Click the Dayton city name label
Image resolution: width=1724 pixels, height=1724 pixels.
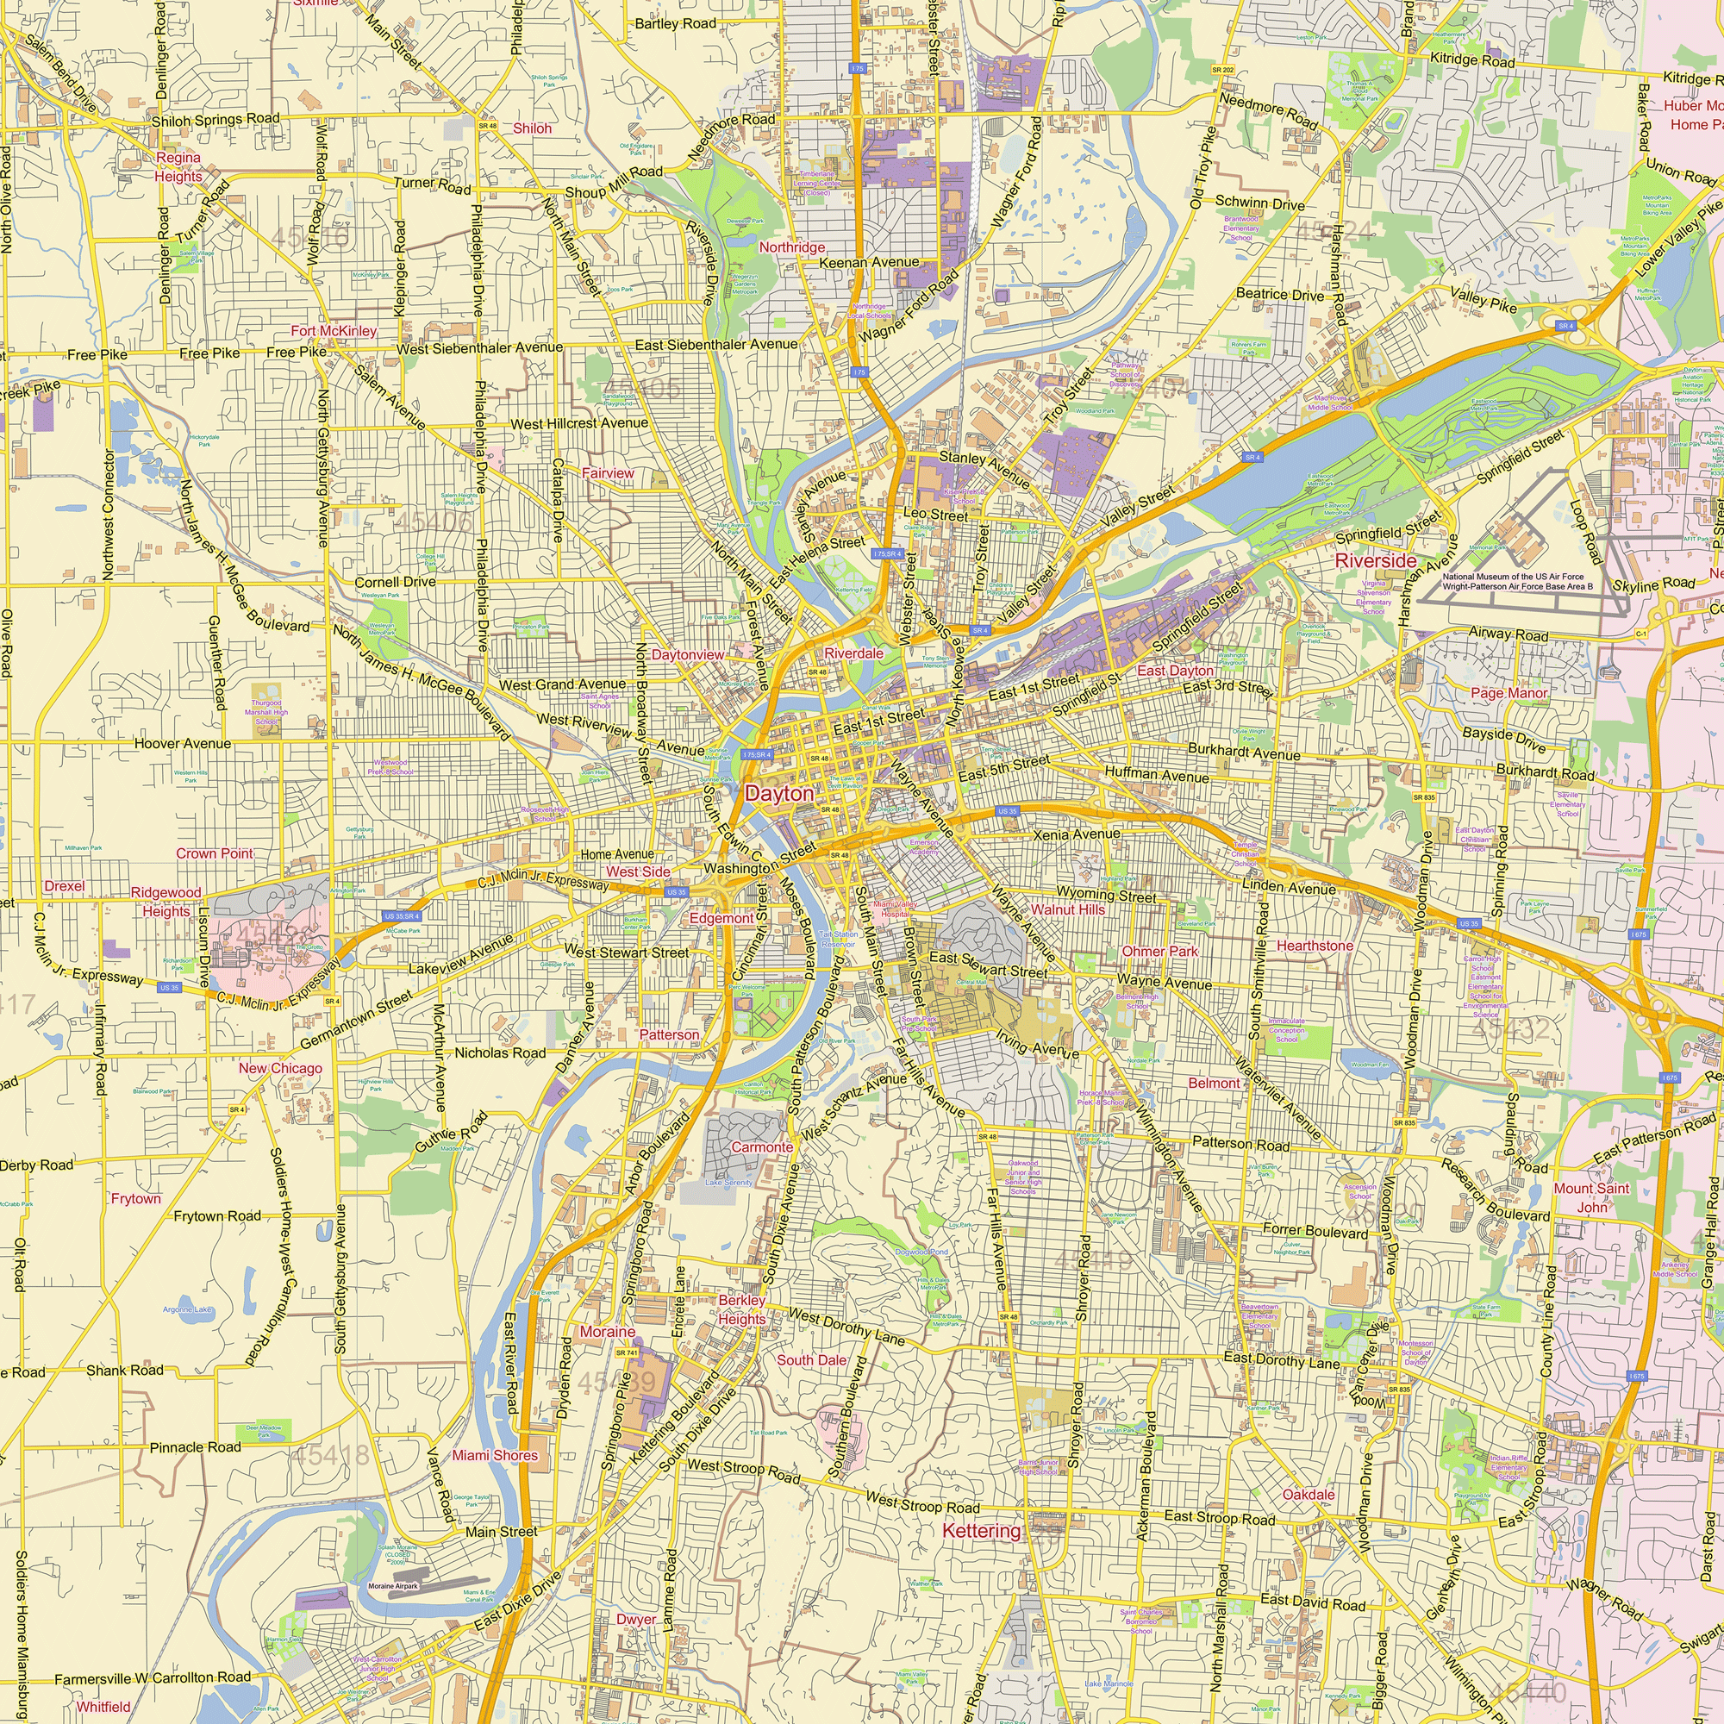pos(779,793)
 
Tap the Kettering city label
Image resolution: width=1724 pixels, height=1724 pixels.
pos(981,1530)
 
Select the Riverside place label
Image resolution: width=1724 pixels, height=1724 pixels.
pos(1375,560)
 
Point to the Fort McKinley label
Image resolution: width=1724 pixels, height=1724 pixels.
pos(334,331)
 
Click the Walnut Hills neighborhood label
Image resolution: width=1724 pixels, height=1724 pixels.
pos(1067,909)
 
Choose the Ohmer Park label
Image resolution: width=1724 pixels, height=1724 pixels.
pos(1160,952)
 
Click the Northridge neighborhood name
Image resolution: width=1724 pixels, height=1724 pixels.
pos(791,247)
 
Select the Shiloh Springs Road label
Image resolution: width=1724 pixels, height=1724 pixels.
pos(215,120)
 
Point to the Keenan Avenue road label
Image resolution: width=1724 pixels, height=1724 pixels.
pos(868,262)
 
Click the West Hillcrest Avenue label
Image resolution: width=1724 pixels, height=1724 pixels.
pos(579,423)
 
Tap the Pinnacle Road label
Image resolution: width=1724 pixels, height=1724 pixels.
pos(195,1446)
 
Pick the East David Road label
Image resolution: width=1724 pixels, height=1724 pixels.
pos(1312,1602)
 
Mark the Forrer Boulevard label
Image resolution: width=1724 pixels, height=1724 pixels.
pos(1315,1231)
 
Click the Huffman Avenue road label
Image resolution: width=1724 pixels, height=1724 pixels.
pos(1157,775)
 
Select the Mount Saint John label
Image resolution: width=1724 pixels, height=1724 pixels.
pos(1591,1197)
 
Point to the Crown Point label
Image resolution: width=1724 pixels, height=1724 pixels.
pos(214,853)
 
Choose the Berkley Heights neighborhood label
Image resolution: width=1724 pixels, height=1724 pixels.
pos(741,1309)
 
